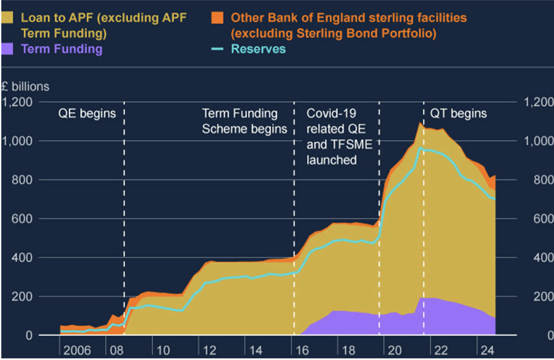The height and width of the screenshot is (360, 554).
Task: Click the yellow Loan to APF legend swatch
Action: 8,18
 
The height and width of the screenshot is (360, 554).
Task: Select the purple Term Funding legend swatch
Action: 8,49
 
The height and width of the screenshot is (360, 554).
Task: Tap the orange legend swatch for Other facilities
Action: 217,18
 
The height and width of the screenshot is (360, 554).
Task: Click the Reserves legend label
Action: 258,49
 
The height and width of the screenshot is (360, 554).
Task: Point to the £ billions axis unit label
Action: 25,87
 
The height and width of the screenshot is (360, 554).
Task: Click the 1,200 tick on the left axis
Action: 17,103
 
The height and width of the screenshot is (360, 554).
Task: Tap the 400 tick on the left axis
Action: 20,258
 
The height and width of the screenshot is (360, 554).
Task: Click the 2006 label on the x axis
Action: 77,350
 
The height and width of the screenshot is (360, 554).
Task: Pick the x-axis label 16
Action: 303,350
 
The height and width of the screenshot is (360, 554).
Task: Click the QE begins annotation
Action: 87,114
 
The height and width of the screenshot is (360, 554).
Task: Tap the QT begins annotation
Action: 458,114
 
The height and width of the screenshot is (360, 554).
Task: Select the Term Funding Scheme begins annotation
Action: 245,121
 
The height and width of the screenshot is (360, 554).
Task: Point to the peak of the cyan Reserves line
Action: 419,148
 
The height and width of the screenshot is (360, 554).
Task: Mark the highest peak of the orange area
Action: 419,123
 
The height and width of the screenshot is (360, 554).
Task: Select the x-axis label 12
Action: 210,350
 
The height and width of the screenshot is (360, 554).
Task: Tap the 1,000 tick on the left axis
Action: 17,141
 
